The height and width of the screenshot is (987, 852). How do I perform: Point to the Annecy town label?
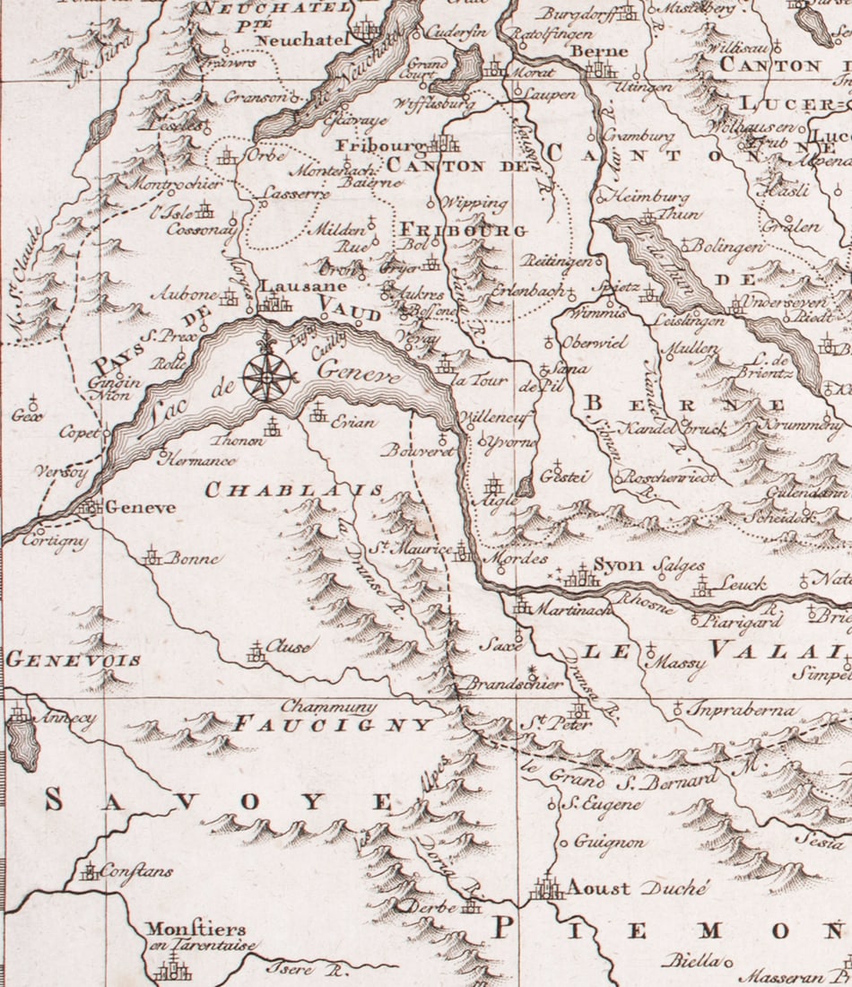64,719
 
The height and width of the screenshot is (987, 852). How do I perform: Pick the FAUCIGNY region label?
333,723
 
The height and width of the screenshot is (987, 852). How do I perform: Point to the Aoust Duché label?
637,888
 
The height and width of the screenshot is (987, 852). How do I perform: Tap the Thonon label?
236,441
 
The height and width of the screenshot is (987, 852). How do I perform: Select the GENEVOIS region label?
73,660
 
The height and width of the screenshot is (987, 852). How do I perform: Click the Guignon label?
610,843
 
